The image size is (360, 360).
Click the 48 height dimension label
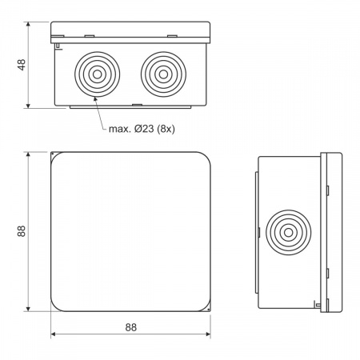(22, 65)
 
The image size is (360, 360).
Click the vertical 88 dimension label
(22, 231)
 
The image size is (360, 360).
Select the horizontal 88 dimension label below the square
(131, 327)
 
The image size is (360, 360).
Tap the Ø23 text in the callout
(144, 129)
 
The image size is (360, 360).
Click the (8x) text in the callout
(166, 129)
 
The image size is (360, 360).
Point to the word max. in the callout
(120, 130)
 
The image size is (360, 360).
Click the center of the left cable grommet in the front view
(98, 74)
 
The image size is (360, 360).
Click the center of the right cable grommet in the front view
(163, 74)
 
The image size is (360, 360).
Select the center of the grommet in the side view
(288, 232)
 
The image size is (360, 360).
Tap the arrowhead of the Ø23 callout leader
(95, 100)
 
